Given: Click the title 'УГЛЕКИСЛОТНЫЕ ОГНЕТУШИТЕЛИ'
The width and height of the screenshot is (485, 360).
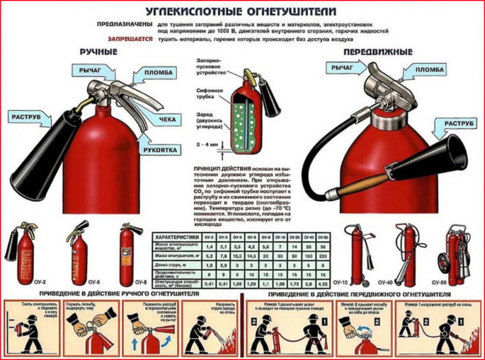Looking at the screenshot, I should [x=242, y=12].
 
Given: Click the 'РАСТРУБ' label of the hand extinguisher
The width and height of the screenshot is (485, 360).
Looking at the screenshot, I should [x=31, y=115].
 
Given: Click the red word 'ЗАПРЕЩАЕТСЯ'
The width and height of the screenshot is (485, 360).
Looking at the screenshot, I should [x=129, y=38].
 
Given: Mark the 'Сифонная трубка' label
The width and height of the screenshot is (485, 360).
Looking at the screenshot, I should [x=208, y=92].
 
